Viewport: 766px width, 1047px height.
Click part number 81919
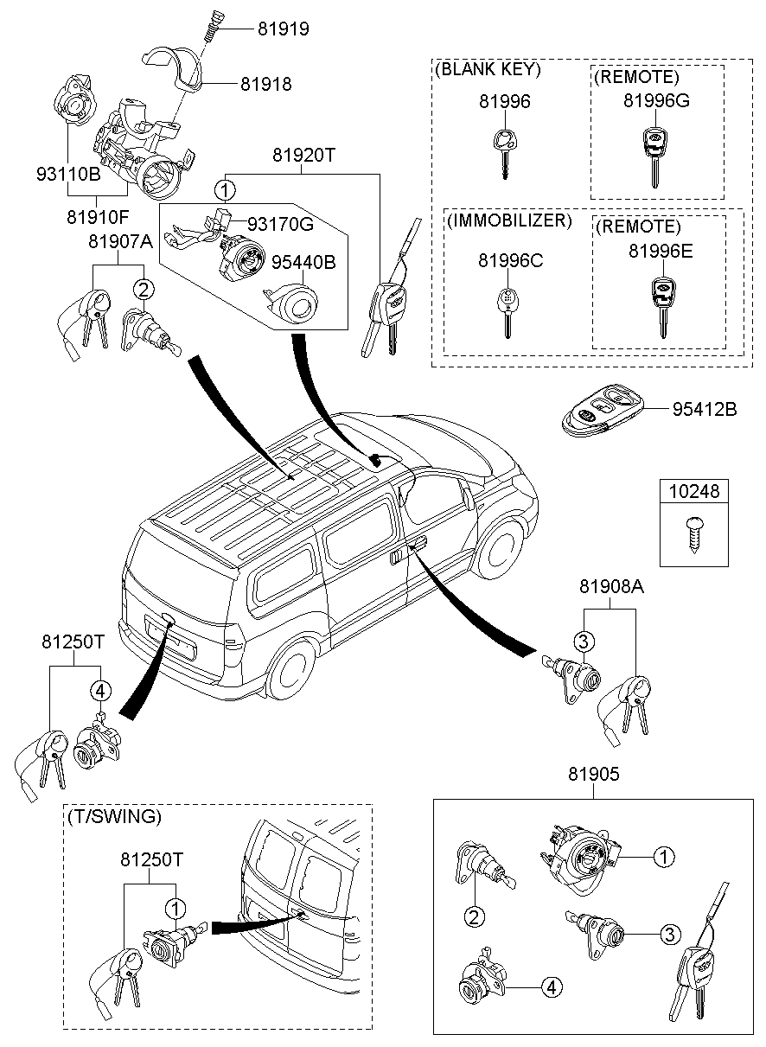[x=283, y=29]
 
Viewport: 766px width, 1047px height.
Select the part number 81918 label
[x=265, y=85]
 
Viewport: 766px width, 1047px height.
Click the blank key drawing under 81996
[x=502, y=150]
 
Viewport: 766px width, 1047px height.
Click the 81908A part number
[x=611, y=587]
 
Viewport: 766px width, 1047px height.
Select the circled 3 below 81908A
[x=584, y=641]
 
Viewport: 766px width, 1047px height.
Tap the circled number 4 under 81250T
[x=100, y=690]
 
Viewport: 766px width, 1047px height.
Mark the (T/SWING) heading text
[x=113, y=816]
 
